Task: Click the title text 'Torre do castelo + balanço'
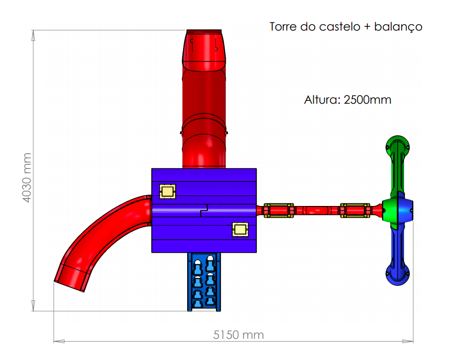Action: point(346,27)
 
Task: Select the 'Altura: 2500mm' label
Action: point(348,100)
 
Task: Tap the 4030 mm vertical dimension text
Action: point(27,177)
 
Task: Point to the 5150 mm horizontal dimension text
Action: point(238,335)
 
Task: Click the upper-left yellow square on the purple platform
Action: point(167,192)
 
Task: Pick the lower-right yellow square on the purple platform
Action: point(240,230)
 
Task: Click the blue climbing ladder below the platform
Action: point(204,281)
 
